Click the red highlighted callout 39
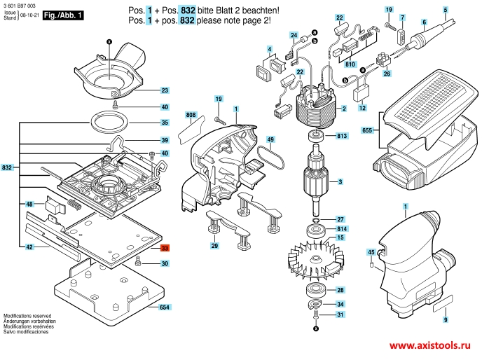165,249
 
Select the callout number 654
165,307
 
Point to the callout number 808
191,114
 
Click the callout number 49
270,139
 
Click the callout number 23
165,91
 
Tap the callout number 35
165,123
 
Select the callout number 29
214,246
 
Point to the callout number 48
29,204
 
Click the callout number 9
445,319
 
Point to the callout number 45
371,251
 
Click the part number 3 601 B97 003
20,5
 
